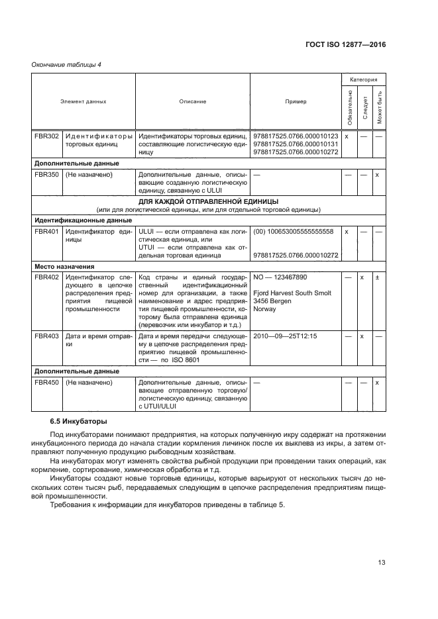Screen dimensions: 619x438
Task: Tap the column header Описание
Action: pyautogui.click(x=192, y=101)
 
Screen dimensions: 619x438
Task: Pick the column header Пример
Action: pyautogui.click(x=296, y=101)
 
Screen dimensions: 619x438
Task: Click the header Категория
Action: pyautogui.click(x=363, y=79)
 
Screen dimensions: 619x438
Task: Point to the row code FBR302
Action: pyautogui.click(x=46, y=136)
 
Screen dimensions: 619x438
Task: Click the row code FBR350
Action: pyautogui.click(x=46, y=175)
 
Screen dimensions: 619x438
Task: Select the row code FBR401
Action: pyautogui.click(x=46, y=232)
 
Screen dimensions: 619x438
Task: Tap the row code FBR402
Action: pyautogui.click(x=46, y=277)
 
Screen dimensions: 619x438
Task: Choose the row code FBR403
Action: pyautogui.click(x=46, y=336)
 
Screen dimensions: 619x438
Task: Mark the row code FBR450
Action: pyautogui.click(x=46, y=382)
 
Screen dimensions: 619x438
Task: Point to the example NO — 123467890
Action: pyautogui.click(x=281, y=277)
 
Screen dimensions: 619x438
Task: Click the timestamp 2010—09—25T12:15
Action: pyautogui.click(x=286, y=336)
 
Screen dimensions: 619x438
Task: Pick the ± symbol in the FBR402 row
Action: pyautogui.click(x=377, y=277)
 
